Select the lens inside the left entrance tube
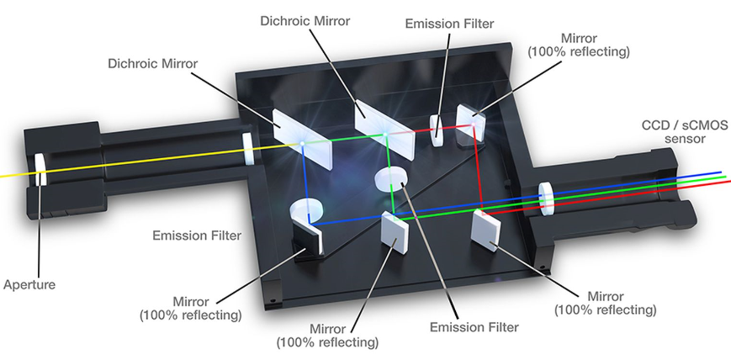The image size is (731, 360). [248, 148]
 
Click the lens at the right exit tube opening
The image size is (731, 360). [546, 198]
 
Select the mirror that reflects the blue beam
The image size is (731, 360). [312, 241]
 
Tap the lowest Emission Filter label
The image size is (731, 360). [474, 326]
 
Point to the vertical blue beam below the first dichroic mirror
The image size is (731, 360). [304, 181]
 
